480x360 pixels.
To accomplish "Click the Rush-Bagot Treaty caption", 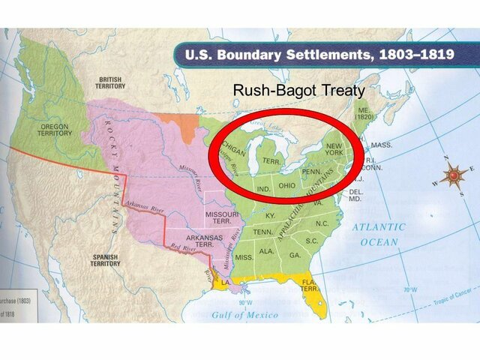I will click(298, 91).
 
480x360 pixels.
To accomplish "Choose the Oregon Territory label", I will click(54, 129).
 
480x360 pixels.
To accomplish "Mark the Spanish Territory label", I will click(104, 260).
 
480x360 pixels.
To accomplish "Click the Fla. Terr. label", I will click(307, 285).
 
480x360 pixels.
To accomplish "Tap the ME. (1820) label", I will click(364, 112).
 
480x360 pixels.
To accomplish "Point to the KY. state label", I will click(271, 215).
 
